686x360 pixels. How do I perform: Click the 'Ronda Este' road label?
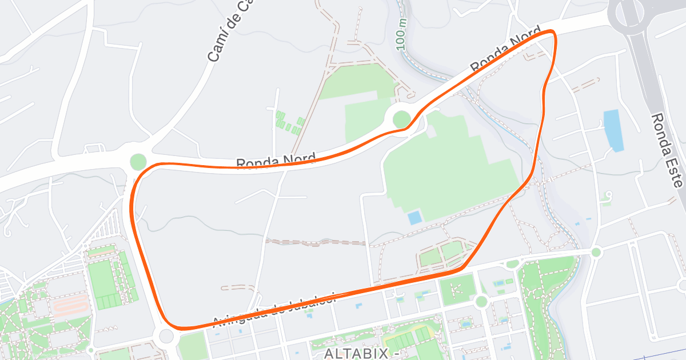point(668,150)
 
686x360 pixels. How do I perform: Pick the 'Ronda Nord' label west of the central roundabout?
point(276,162)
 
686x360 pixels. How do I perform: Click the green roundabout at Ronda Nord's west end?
point(138,162)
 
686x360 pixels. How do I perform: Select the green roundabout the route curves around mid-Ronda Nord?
point(402,119)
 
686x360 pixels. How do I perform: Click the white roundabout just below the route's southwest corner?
point(167,336)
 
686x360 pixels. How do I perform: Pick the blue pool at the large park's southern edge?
point(414,218)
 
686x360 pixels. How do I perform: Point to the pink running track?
point(71,306)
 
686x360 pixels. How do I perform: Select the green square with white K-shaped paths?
point(457,289)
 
